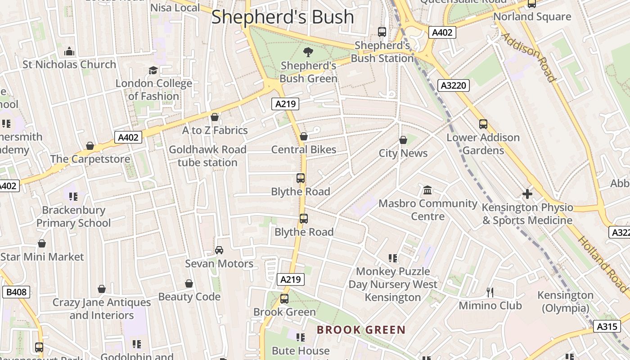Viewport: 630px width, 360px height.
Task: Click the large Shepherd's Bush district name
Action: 283,17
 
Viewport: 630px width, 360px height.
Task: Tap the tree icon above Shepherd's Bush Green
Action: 308,52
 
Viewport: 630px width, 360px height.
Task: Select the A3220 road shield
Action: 454,85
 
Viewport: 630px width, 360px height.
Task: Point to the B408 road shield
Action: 17,292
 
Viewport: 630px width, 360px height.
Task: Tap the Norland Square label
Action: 532,17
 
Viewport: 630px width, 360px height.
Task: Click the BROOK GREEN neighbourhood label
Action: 361,330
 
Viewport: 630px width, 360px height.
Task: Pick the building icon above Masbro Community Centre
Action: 427,190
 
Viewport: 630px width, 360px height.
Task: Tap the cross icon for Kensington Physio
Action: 527,194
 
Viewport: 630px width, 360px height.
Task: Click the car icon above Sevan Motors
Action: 219,250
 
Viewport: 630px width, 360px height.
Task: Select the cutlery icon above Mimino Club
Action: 490,292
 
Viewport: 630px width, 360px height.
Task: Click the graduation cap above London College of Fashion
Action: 153,70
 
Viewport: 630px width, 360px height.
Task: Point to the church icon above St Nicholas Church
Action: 69,51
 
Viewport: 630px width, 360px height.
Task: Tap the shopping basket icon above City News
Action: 403,140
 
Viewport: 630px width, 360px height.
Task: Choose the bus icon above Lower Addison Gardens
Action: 483,124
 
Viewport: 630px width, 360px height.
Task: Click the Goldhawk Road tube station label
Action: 207,156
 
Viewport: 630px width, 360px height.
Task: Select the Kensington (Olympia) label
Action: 565,301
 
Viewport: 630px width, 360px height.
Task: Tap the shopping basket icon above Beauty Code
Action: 189,283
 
